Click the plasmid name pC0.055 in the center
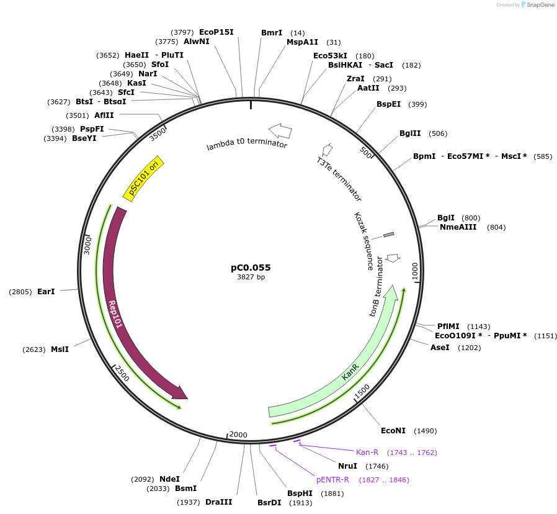[x=251, y=268]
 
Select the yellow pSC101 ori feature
[x=144, y=178]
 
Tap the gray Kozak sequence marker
[x=388, y=234]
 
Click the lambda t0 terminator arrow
[x=280, y=130]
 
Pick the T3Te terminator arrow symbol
[x=328, y=149]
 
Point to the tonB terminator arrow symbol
[x=393, y=257]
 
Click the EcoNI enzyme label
[x=393, y=430]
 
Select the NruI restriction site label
[x=347, y=466]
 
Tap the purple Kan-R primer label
[x=367, y=452]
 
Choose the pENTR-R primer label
[x=332, y=479]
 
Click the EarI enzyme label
[x=46, y=291]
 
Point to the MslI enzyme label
[x=60, y=349]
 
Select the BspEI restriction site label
[x=389, y=104]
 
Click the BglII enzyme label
[x=410, y=133]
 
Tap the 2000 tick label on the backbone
[x=239, y=435]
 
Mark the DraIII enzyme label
[x=218, y=502]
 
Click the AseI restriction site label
[x=440, y=347]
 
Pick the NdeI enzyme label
[x=169, y=479]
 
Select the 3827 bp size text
[x=251, y=277]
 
